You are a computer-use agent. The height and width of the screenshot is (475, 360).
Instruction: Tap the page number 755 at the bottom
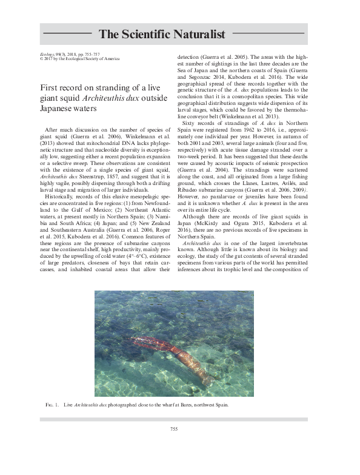tap(173, 430)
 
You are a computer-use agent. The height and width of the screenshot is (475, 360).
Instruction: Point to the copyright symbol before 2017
tap(39, 59)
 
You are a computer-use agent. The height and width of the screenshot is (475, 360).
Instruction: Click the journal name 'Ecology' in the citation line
tap(46, 54)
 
